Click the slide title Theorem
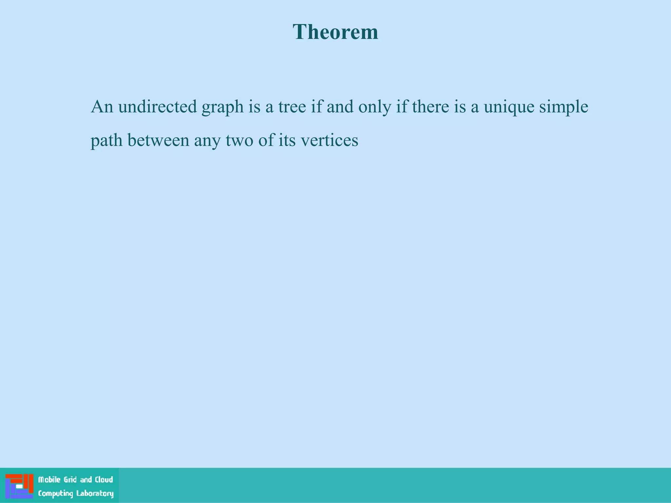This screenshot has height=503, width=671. [335, 32]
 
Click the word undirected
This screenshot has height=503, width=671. [157, 107]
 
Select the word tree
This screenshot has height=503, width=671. [292, 107]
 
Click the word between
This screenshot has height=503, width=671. [158, 140]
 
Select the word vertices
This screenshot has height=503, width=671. [329, 140]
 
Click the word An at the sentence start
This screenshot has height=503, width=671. [102, 107]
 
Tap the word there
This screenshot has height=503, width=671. [430, 107]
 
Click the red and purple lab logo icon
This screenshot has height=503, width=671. [19, 486]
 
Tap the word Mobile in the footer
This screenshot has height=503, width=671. [49, 480]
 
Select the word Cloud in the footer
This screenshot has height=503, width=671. [104, 480]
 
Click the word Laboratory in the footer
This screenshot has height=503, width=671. [95, 494]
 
